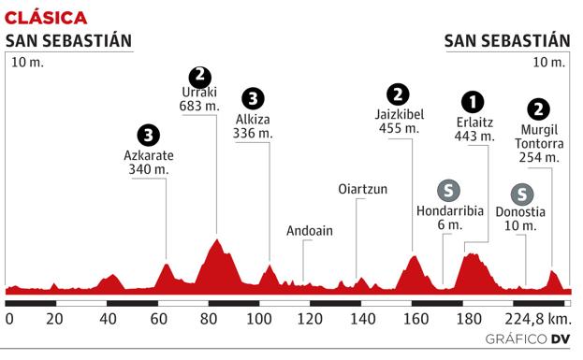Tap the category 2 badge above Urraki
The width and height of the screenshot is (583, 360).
[x=198, y=76]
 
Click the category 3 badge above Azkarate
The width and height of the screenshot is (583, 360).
[x=147, y=133]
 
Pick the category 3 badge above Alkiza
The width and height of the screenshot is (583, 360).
[x=252, y=98]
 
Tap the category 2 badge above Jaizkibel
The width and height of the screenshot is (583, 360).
[x=400, y=94]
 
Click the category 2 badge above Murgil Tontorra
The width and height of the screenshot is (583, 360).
[x=538, y=108]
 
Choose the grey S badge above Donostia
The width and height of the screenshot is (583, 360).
[x=524, y=194]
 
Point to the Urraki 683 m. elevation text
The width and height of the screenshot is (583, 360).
[x=199, y=100]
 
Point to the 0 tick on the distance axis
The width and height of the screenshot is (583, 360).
[x=9, y=319]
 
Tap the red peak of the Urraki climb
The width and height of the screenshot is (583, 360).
[x=217, y=241]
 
